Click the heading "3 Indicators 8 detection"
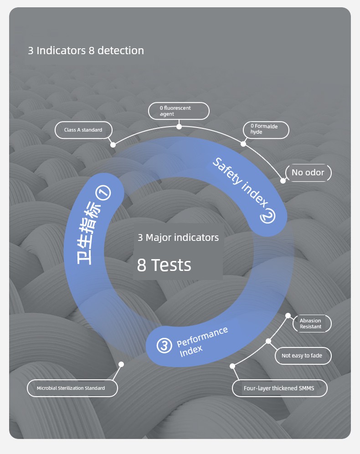[x=86, y=51]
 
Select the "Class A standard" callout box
[x=83, y=130]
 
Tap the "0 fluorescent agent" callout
[x=179, y=111]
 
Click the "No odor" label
[x=308, y=173]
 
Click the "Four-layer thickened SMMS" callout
[x=279, y=388]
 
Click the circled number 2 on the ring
[x=267, y=217]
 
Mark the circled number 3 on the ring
[x=164, y=346]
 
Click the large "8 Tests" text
[x=164, y=265]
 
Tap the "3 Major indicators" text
[x=178, y=238]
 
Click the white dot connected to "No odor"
[x=283, y=181]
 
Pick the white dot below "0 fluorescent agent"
[x=179, y=127]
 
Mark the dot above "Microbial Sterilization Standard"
[x=121, y=364]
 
